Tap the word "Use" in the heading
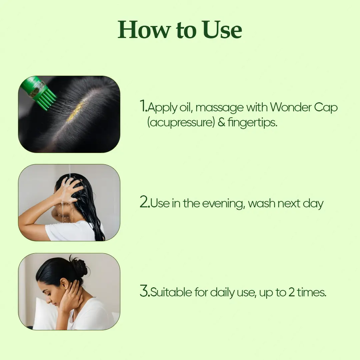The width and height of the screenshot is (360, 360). tap(222, 30)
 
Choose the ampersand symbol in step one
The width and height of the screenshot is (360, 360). tap(221, 122)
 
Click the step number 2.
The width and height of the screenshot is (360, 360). tap(144, 203)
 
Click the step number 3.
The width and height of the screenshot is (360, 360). tap(144, 292)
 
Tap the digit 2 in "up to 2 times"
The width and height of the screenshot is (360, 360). tap(291, 292)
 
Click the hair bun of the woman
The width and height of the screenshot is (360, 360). tap(79, 267)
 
